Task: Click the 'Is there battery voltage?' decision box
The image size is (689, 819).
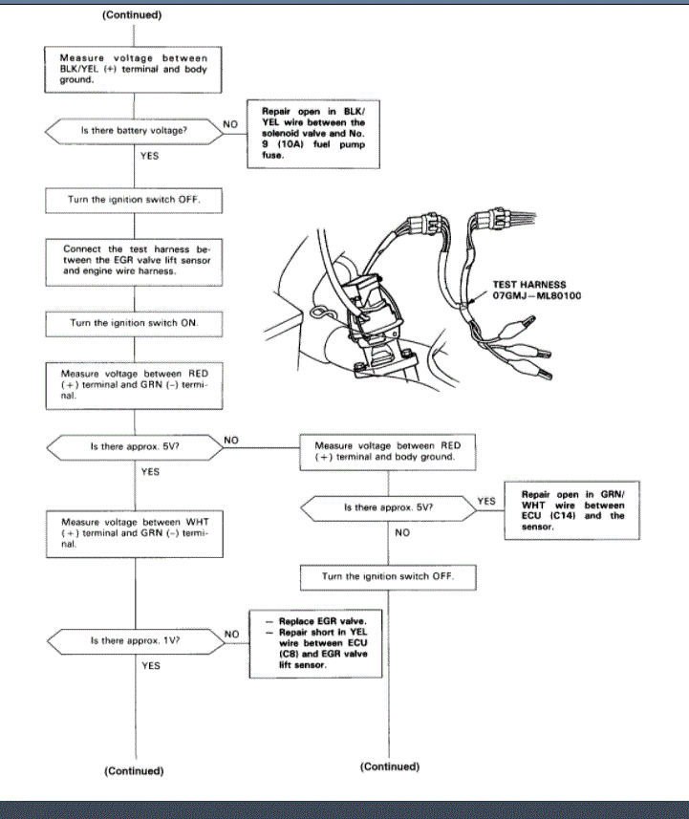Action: tap(134, 129)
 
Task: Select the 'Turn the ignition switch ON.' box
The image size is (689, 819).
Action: tap(133, 323)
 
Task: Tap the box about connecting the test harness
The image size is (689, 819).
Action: tap(133, 258)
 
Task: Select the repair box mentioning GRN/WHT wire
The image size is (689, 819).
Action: tap(573, 510)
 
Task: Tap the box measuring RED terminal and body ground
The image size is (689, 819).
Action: tap(388, 450)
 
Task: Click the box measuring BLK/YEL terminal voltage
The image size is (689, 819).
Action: tap(133, 69)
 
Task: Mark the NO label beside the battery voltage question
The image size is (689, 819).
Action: tap(230, 123)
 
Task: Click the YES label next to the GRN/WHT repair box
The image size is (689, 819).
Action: tap(486, 500)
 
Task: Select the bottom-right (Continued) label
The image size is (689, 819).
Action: tap(390, 766)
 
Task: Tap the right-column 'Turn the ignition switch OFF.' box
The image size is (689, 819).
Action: tap(388, 577)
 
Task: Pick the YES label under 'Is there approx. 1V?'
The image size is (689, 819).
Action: tap(151, 665)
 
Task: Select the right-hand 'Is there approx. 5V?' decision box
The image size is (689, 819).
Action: tap(388, 506)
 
